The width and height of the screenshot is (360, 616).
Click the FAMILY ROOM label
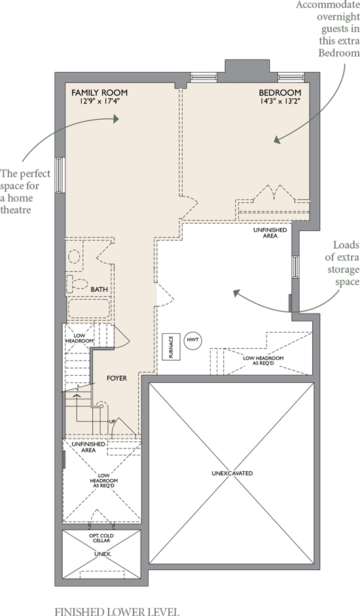[x=99, y=93]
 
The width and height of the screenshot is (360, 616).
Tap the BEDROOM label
[x=280, y=93]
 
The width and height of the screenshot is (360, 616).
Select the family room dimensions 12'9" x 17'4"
[x=99, y=101]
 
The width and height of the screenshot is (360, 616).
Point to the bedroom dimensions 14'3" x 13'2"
[x=280, y=101]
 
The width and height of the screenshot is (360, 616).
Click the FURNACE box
[x=171, y=346]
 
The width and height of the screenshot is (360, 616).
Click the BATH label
[x=99, y=289]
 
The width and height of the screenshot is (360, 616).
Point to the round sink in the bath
[x=74, y=256]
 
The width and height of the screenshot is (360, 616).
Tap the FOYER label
[x=117, y=378]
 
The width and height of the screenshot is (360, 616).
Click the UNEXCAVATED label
[x=232, y=473]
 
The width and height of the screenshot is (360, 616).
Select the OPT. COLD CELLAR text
[x=101, y=538]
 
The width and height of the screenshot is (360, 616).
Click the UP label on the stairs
[x=113, y=422]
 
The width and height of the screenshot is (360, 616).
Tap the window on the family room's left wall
[x=60, y=175]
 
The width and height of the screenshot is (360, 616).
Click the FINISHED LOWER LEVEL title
[x=117, y=611]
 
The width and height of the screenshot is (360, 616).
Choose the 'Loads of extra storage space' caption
[x=342, y=263]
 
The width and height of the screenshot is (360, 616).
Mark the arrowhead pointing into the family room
[x=115, y=118]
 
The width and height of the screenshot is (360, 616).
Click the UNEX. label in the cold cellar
[x=102, y=554]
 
